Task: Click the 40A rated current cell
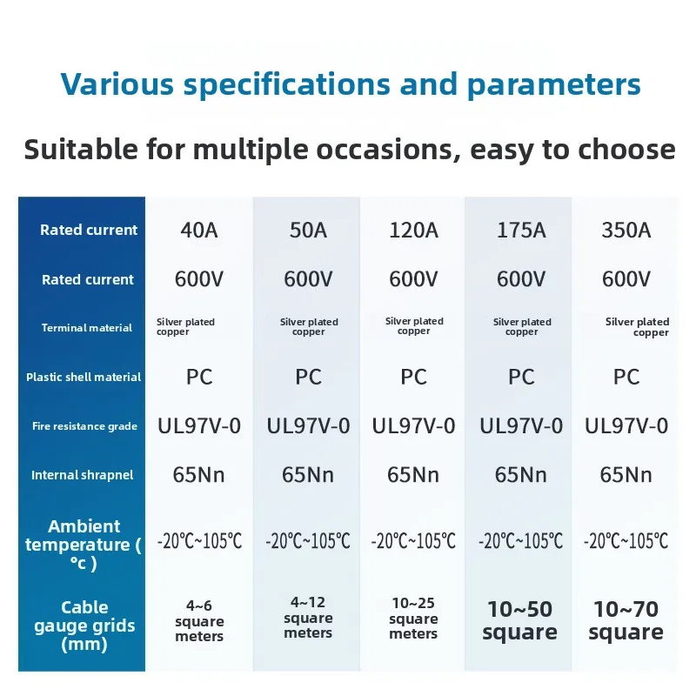[199, 231]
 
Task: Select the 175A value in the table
[521, 231]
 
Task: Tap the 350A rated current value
[626, 231]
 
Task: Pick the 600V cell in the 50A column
[308, 279]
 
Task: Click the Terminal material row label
[87, 328]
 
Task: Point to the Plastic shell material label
[84, 378]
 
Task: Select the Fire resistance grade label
[84, 426]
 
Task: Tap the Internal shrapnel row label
[82, 475]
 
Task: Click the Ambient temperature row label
[84, 545]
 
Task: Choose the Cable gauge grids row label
[84, 626]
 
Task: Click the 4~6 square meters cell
[199, 620]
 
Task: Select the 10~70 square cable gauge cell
[626, 620]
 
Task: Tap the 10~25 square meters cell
[413, 618]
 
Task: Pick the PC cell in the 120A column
[413, 377]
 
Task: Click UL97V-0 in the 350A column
[626, 426]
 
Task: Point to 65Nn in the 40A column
[199, 475]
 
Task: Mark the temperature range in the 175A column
[520, 540]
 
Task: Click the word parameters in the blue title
[554, 84]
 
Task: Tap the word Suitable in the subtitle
[81, 149]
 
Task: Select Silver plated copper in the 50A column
[309, 327]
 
